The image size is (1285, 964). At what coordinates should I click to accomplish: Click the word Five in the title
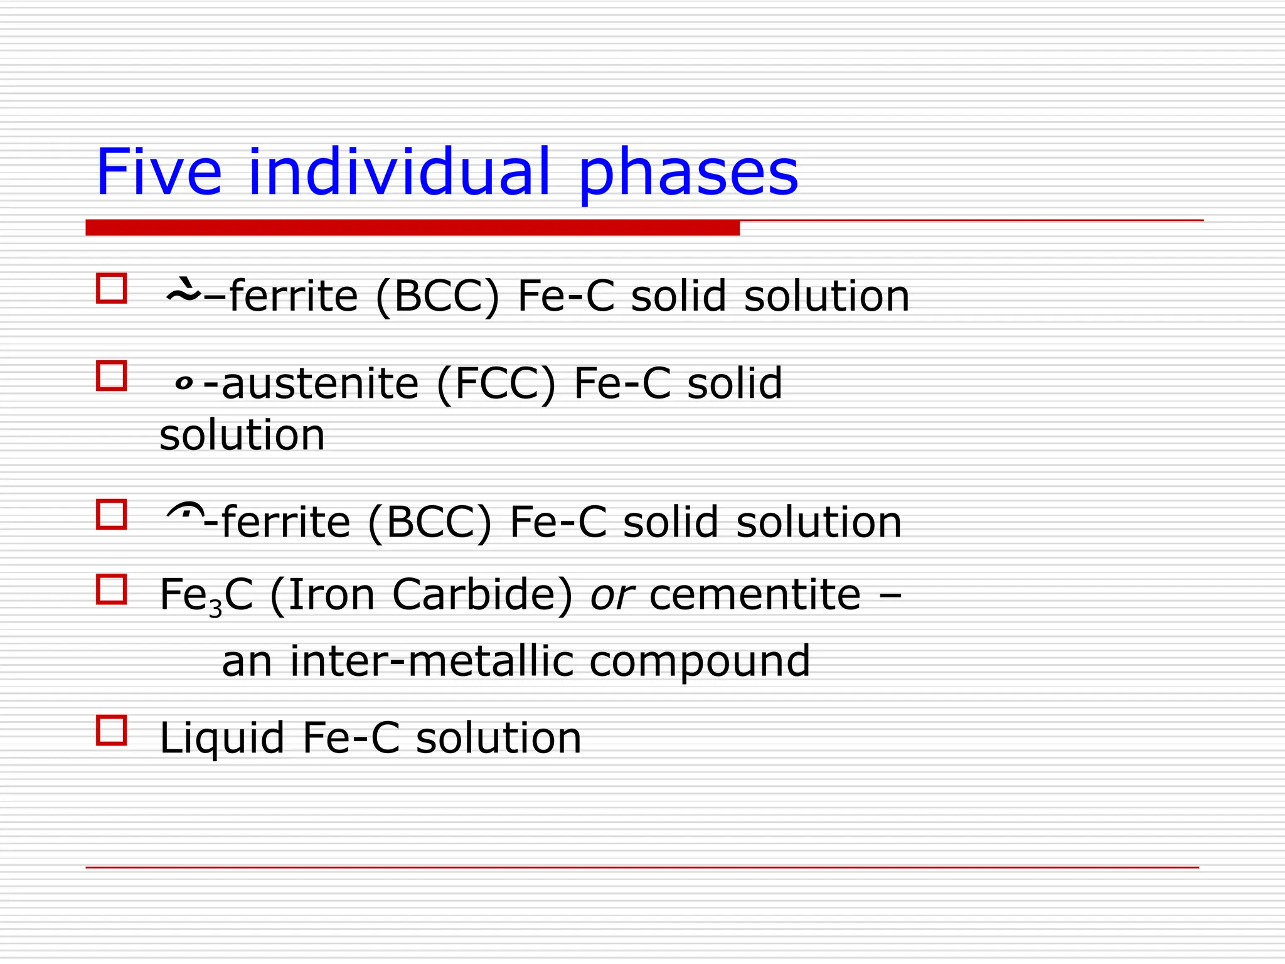(x=159, y=172)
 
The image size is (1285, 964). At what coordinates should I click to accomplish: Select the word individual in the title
(x=400, y=172)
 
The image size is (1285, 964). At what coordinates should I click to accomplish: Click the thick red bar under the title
(x=412, y=228)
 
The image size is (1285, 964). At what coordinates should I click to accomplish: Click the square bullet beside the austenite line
(x=112, y=376)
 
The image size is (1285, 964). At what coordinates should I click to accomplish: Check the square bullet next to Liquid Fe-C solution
(x=112, y=731)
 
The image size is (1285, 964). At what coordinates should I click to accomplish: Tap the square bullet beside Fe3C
(x=112, y=589)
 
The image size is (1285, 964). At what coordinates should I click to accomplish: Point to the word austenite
(x=320, y=383)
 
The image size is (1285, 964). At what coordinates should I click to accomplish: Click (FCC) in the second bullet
(x=496, y=383)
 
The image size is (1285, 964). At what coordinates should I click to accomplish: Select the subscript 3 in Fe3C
(x=216, y=608)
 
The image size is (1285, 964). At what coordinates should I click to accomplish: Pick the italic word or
(x=612, y=595)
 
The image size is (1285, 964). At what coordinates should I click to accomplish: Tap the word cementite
(x=755, y=595)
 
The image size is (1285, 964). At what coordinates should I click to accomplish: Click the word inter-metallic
(x=432, y=661)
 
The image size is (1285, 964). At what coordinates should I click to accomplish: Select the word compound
(x=700, y=663)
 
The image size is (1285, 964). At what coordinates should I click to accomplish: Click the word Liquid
(x=223, y=738)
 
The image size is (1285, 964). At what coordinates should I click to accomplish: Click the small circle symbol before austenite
(x=184, y=383)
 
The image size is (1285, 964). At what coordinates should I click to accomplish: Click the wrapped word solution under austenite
(x=242, y=435)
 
